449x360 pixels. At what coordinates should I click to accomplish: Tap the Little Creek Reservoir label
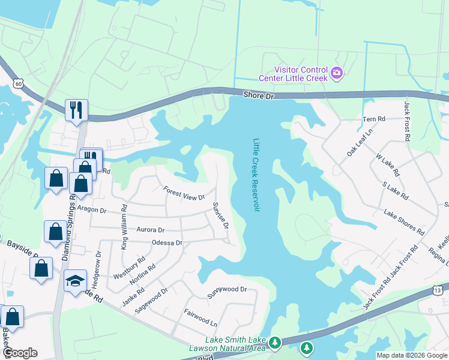point(256,175)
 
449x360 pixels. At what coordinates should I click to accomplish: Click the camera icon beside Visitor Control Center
point(337,73)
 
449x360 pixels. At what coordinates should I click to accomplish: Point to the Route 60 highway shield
point(19,85)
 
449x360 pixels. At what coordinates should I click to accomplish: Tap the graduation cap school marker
point(75,281)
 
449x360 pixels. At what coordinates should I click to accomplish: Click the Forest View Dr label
point(184,193)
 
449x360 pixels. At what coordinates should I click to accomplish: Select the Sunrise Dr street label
point(220,215)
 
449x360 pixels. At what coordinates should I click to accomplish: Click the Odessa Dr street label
point(167,242)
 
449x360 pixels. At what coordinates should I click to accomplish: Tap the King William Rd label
point(124,227)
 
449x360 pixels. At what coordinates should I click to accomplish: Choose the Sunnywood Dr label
point(227,289)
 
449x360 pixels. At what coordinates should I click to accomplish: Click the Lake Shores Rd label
point(404,222)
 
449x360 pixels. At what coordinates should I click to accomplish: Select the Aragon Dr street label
point(91,210)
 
